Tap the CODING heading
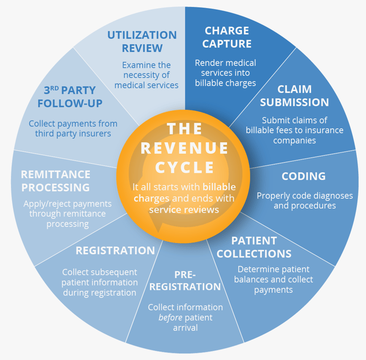[303, 176]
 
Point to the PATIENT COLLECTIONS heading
[254, 247]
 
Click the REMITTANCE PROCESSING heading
[55, 181]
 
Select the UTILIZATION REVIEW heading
[141, 42]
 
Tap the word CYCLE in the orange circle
[185, 167]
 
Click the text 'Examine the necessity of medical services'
[147, 75]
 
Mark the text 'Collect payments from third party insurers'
[72, 129]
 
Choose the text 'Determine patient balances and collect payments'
[273, 279]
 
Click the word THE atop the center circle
[185, 129]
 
